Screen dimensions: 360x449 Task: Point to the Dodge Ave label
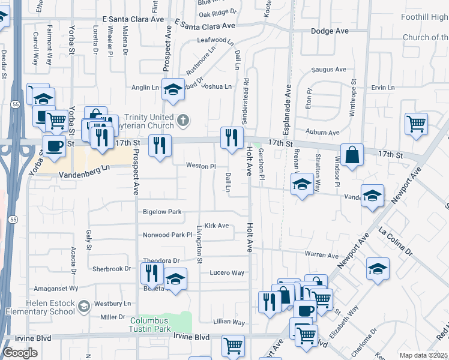pyautogui.click(x=330, y=31)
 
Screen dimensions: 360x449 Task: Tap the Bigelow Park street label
pyautogui.click(x=162, y=212)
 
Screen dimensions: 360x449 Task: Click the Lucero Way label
pyautogui.click(x=227, y=272)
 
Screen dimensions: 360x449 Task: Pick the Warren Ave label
pyautogui.click(x=322, y=254)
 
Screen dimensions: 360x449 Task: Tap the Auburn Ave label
pyautogui.click(x=322, y=132)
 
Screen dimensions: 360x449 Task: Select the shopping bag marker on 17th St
pyautogui.click(x=352, y=154)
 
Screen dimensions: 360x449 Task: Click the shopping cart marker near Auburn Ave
pyautogui.click(x=416, y=124)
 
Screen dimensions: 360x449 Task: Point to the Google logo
pyautogui.click(x=20, y=353)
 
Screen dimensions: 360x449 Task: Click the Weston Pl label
pyautogui.click(x=200, y=165)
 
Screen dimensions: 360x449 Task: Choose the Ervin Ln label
pyautogui.click(x=383, y=88)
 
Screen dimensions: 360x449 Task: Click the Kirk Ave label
pyautogui.click(x=217, y=226)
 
